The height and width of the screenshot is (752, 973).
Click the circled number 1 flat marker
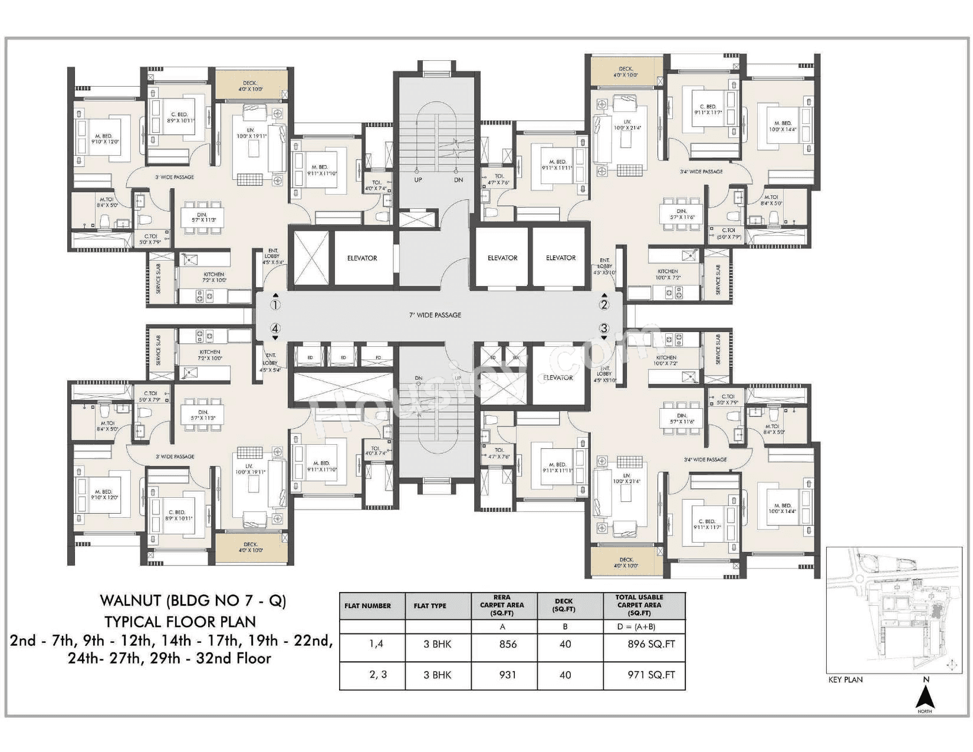[275, 305]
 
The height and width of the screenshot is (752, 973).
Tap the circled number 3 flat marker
[604, 329]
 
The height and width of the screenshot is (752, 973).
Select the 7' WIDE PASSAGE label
[435, 315]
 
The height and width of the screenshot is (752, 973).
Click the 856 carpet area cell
[507, 644]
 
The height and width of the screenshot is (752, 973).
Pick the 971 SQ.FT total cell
[651, 675]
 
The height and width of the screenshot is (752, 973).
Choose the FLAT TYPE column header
[430, 606]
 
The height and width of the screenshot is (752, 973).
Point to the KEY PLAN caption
[845, 679]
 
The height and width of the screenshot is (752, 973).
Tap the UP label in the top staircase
[418, 180]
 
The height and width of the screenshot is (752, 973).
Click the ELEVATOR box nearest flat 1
[361, 258]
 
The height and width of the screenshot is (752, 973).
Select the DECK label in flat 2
[626, 72]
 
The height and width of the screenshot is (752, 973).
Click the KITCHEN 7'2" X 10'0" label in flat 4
[210, 355]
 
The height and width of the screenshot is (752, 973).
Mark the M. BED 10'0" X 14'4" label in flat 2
[783, 126]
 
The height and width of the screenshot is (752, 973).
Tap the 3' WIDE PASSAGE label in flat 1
[175, 177]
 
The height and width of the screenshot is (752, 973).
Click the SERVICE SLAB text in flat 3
[718, 349]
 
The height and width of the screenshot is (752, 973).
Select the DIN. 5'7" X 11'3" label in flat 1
[202, 217]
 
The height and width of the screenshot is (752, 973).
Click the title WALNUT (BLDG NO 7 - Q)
[193, 601]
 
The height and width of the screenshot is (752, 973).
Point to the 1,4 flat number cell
[376, 644]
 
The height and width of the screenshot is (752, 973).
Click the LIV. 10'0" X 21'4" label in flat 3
[626, 478]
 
